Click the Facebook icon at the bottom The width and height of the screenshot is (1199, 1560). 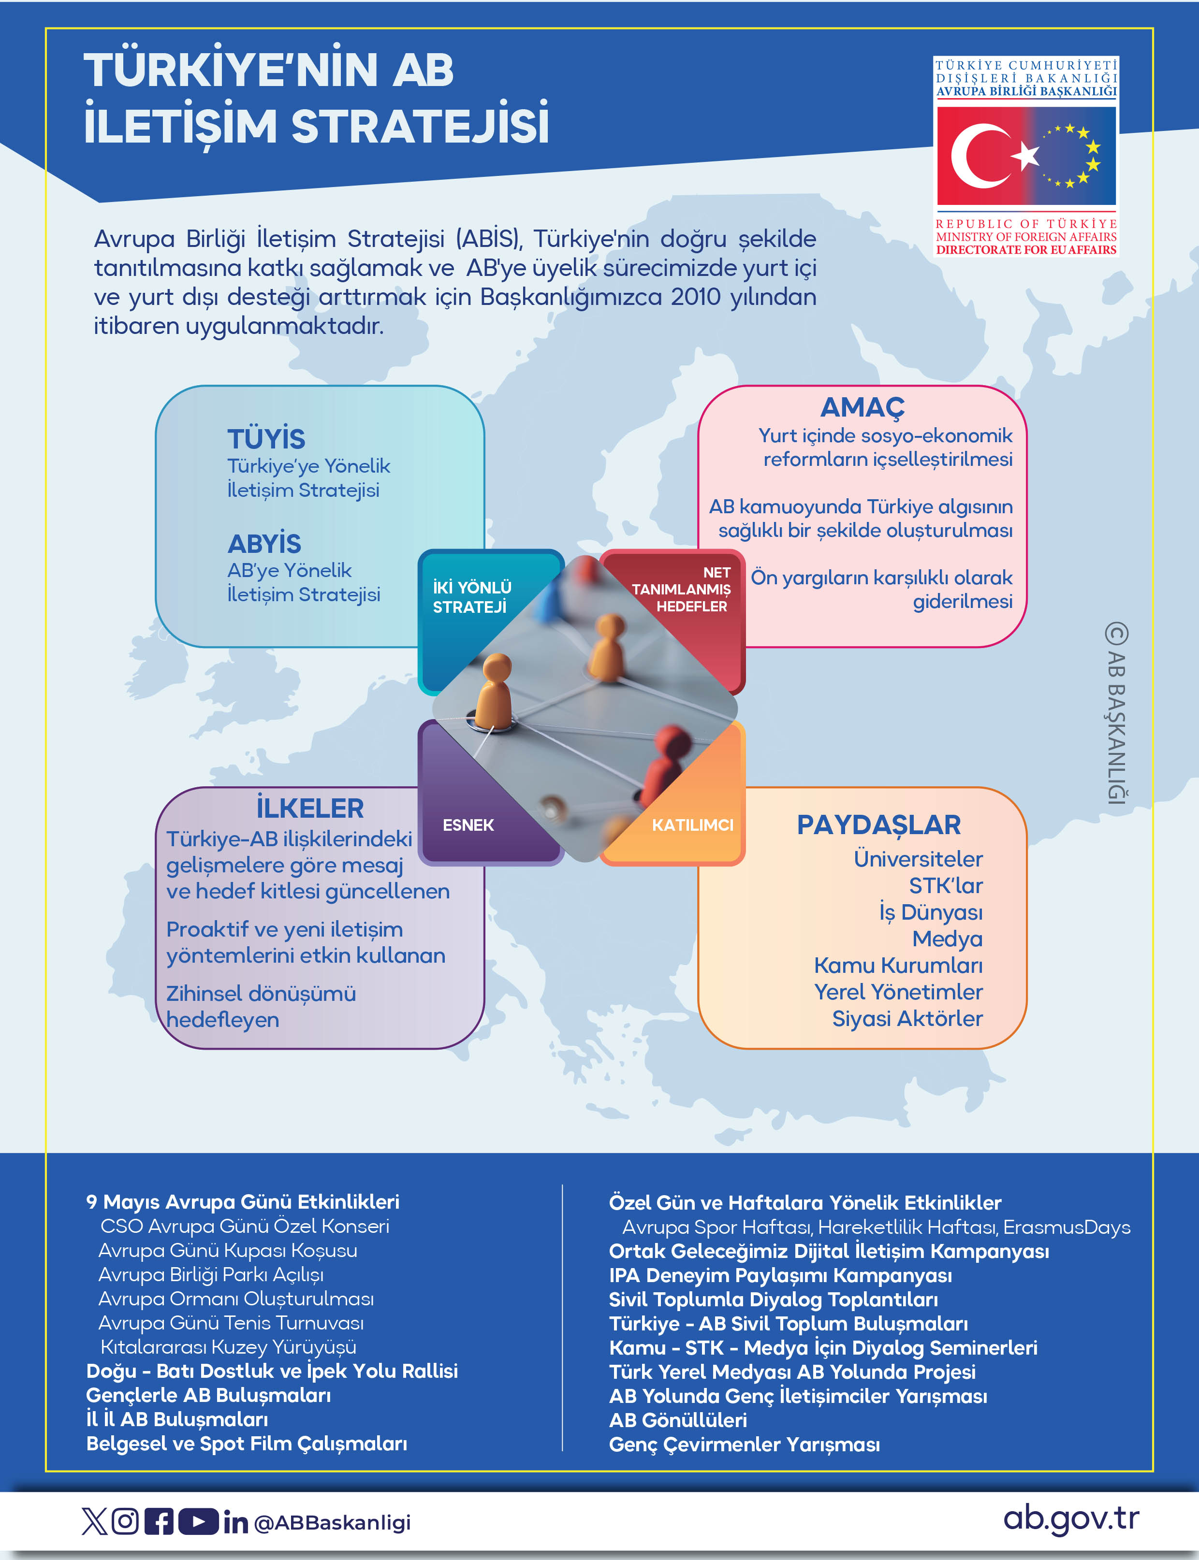pyautogui.click(x=159, y=1521)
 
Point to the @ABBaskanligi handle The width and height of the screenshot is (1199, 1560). pyautogui.click(x=333, y=1522)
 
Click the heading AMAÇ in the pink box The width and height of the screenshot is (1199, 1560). pyautogui.click(x=862, y=407)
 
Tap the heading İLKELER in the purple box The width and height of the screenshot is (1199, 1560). pyautogui.click(x=310, y=808)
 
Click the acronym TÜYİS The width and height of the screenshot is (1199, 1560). pyautogui.click(x=266, y=439)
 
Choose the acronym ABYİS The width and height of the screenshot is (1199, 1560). pyautogui.click(x=264, y=544)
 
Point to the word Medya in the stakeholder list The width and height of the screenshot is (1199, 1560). pyautogui.click(x=947, y=939)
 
